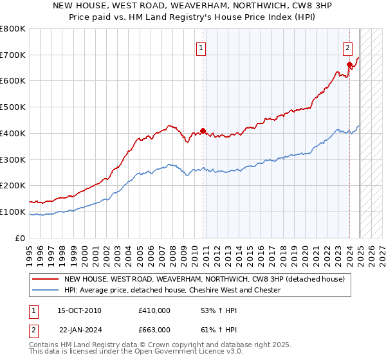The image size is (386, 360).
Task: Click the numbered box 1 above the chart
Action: pos(201,48)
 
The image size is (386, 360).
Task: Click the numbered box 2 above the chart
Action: pos(347,48)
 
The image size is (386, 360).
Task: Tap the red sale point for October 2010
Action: pos(203,131)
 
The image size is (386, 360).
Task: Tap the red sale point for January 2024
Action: pos(349,64)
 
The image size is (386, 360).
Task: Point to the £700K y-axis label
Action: pos(13,55)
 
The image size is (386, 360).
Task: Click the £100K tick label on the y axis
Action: pos(13,212)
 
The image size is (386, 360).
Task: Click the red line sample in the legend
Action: pos(46,279)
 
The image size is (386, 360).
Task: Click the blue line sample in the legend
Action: pos(46,290)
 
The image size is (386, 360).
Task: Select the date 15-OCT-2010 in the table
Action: pos(79,310)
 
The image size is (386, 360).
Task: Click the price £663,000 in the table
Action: pos(154,329)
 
